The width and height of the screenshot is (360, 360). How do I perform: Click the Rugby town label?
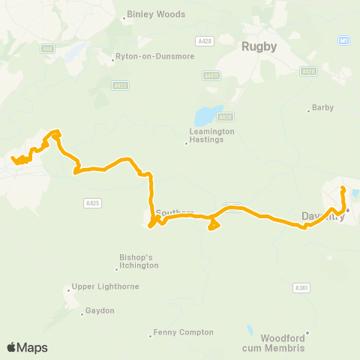point(259,46)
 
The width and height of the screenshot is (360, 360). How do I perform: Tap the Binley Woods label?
point(149,13)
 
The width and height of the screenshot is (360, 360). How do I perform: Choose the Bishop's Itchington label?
point(136,261)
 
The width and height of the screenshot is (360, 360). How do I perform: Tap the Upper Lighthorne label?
point(97,286)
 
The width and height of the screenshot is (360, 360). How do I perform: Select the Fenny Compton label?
point(183,332)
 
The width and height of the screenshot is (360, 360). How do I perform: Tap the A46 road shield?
point(47,48)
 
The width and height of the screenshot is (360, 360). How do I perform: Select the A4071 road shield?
point(211,75)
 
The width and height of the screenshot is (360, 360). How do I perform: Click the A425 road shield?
point(91,202)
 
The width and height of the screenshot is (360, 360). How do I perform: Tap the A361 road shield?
point(301,287)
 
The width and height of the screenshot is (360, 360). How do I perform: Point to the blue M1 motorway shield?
point(343,40)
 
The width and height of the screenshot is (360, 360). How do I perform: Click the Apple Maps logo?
point(27,347)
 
